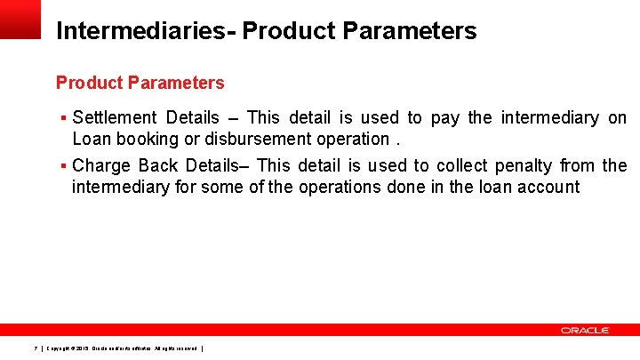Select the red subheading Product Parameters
(x=140, y=83)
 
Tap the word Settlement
(x=115, y=117)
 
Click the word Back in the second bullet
(x=160, y=165)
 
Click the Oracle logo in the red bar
(x=584, y=330)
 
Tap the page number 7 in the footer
(x=35, y=348)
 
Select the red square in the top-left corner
(x=20, y=19)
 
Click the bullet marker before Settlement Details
(x=64, y=118)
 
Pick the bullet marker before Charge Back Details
(x=64, y=166)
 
